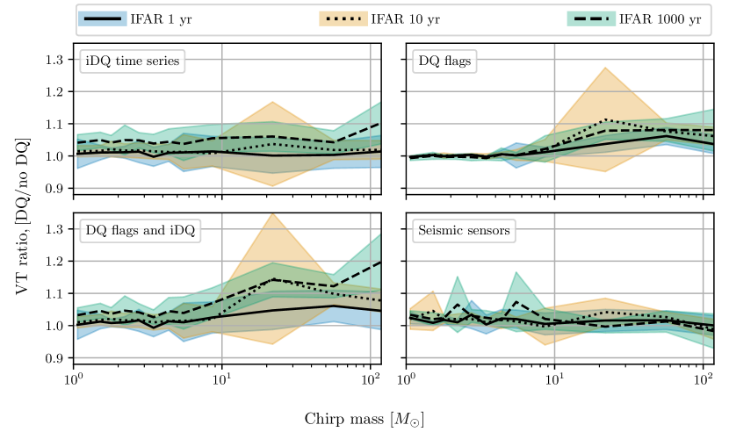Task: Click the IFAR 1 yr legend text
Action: [x=161, y=19]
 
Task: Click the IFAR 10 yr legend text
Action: [x=405, y=19]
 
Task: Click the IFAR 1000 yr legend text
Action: [x=660, y=19]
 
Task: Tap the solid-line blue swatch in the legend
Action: [x=102, y=19]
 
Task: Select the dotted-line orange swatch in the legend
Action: [x=343, y=19]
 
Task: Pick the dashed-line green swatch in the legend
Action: [x=591, y=19]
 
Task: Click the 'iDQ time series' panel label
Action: [x=133, y=61]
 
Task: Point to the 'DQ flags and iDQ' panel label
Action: [x=141, y=231]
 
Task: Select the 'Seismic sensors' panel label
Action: [x=463, y=231]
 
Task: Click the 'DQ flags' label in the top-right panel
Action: [x=445, y=61]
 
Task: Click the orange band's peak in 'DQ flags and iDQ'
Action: [x=273, y=213]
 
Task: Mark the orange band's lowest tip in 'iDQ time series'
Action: [x=272, y=185]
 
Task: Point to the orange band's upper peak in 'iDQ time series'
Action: [x=272, y=102]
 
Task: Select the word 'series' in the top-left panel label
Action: [x=162, y=61]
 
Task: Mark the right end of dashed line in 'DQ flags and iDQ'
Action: [x=379, y=263]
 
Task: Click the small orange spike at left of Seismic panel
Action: [x=433, y=292]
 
